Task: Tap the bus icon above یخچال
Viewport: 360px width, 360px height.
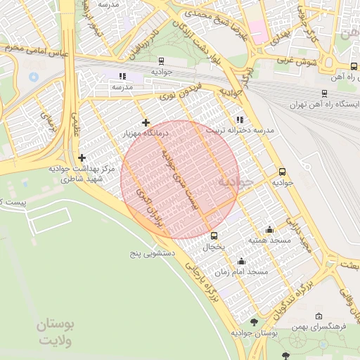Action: click(214, 236)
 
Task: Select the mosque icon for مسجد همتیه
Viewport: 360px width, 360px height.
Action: click(269, 229)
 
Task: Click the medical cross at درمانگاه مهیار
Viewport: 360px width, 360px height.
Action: click(146, 123)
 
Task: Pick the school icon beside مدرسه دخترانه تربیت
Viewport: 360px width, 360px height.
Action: click(239, 120)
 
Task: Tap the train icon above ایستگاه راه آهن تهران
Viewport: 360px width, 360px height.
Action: click(323, 94)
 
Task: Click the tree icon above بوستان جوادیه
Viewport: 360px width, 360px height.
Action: click(254, 322)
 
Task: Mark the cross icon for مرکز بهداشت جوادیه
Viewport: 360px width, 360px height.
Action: click(82, 157)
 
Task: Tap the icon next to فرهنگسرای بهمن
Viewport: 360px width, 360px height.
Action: click(319, 316)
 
